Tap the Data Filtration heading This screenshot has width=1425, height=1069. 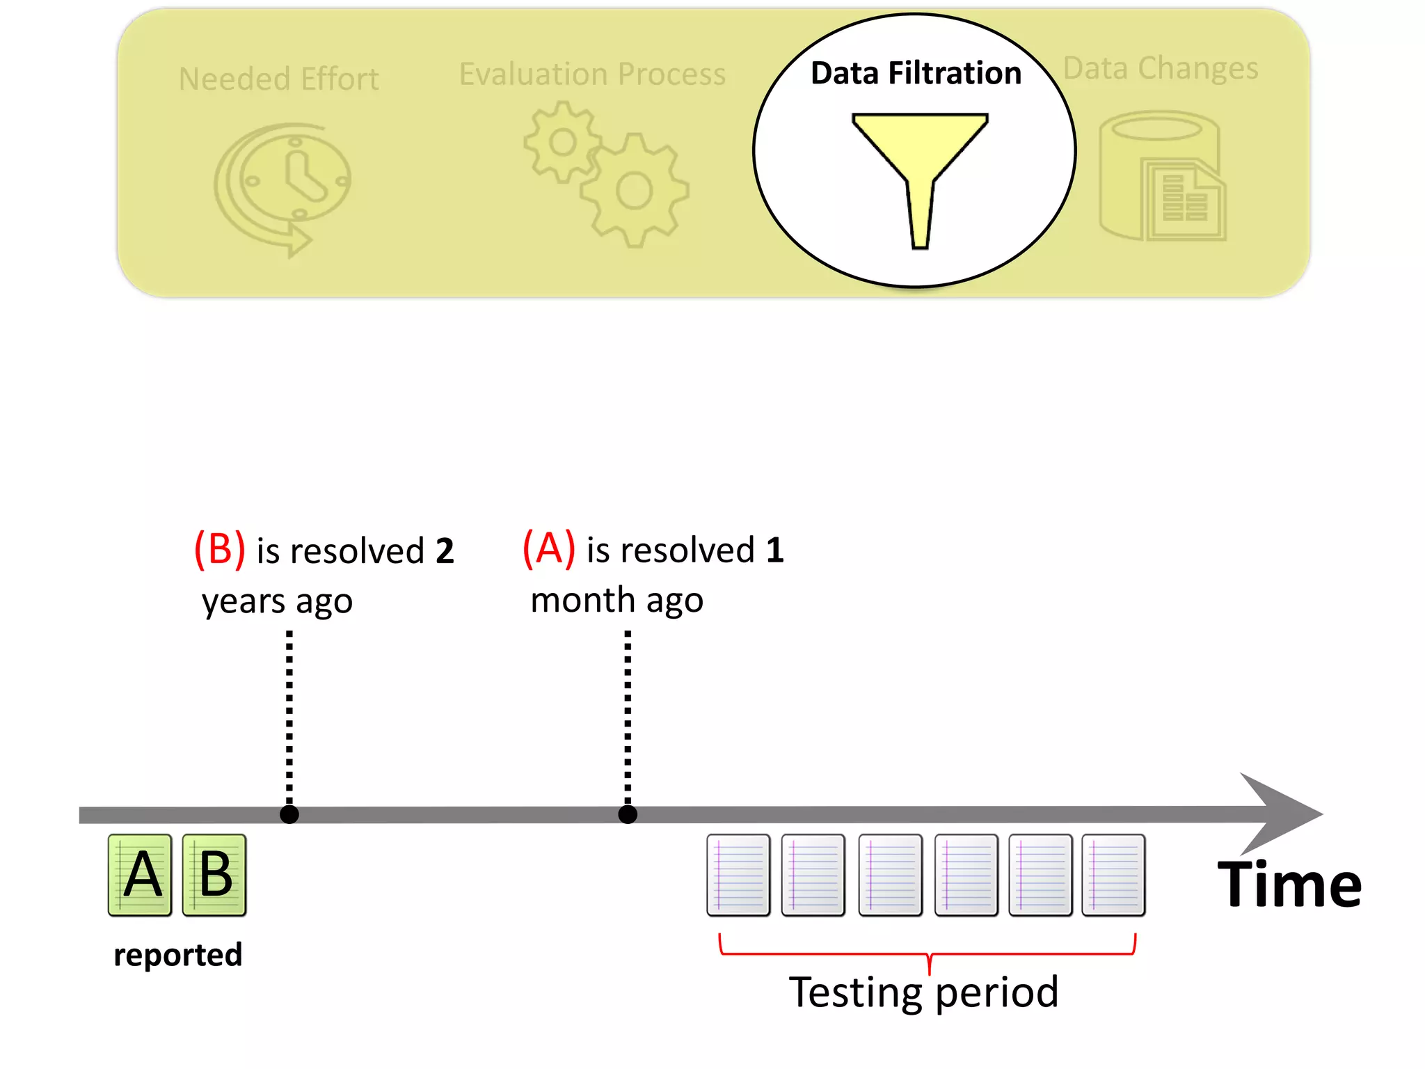point(916,73)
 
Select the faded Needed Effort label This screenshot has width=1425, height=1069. point(278,79)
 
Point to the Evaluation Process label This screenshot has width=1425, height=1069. point(592,74)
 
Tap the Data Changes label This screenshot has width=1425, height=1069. point(1161,68)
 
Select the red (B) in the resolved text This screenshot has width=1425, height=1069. point(219,549)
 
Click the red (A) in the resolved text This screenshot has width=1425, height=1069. point(549,548)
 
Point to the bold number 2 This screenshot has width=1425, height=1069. point(445,551)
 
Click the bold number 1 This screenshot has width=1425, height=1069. point(774,550)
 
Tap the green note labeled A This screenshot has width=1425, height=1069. point(140,875)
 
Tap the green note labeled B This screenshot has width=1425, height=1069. point(214,875)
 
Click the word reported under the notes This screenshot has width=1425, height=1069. point(178,954)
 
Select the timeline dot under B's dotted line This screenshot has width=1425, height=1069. point(289,814)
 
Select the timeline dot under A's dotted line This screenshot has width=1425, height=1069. point(628,814)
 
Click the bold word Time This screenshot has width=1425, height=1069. point(1289,885)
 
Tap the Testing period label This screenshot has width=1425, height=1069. point(923,992)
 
